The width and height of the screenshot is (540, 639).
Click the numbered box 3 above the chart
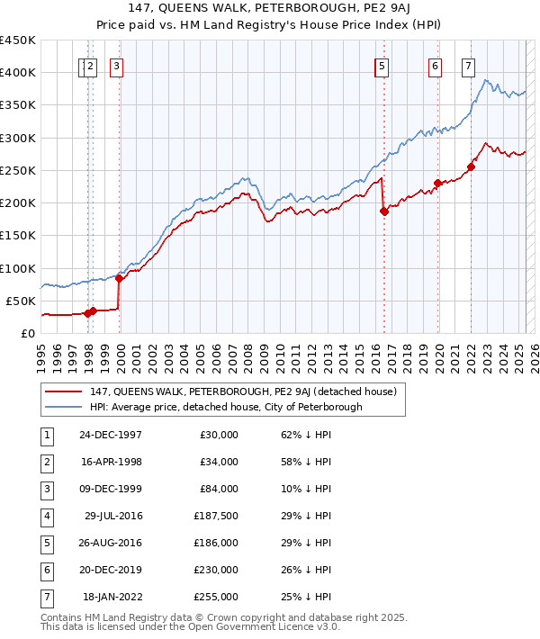(117, 65)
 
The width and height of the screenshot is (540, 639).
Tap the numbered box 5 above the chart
(382, 65)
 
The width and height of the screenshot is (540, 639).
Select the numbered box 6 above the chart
(435, 65)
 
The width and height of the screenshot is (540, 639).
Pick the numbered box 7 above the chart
(468, 65)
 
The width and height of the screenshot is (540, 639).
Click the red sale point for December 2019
(437, 184)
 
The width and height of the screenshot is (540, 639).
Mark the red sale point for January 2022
(471, 166)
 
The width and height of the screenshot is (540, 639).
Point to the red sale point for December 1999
(119, 278)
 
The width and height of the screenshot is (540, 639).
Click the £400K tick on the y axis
(18, 73)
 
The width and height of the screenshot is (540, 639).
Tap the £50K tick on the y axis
(22, 301)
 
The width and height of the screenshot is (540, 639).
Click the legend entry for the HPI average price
(225, 407)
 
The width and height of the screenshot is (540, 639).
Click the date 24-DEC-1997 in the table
(111, 435)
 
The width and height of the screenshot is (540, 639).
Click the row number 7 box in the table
(46, 597)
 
